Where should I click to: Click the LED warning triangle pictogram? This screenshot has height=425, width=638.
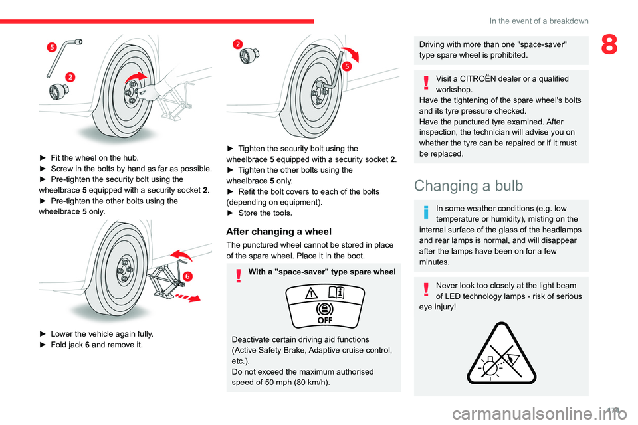[x=500, y=353]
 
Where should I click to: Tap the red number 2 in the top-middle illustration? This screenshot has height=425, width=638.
[x=237, y=44]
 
